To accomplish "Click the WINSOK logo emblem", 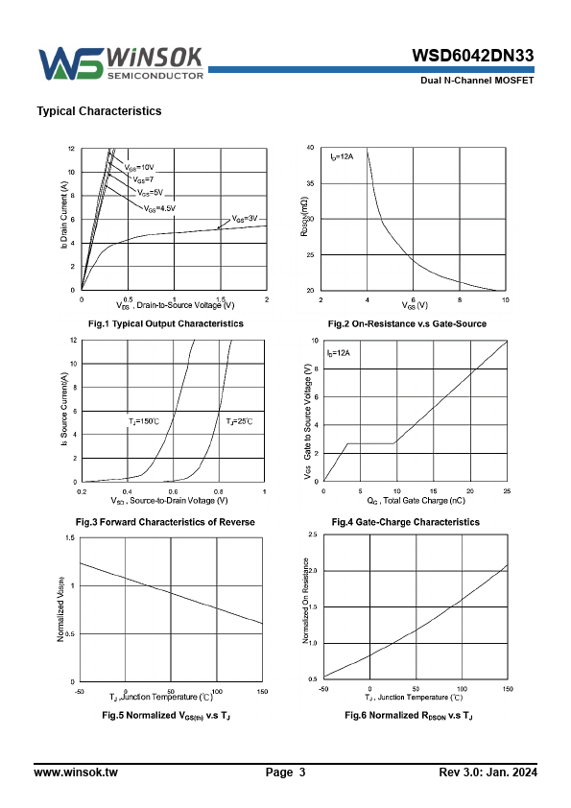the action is pyautogui.click(x=71, y=64).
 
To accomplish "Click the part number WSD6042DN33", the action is pyautogui.click(x=472, y=56).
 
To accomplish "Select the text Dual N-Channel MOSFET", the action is pyautogui.click(x=477, y=81).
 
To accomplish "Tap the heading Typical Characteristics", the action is pyautogui.click(x=99, y=111).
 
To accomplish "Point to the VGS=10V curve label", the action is pyautogui.click(x=139, y=168).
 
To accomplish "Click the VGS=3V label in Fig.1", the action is pyautogui.click(x=245, y=219).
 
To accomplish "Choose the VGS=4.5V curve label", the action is pyautogui.click(x=159, y=208).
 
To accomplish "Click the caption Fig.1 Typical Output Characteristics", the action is pyautogui.click(x=166, y=323).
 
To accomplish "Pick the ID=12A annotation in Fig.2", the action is pyautogui.click(x=342, y=156).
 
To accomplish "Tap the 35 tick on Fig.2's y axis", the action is pyautogui.click(x=310, y=183).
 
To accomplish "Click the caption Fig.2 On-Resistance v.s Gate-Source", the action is pyautogui.click(x=407, y=323).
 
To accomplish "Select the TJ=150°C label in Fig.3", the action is pyautogui.click(x=144, y=421).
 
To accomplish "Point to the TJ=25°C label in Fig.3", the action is pyautogui.click(x=239, y=421).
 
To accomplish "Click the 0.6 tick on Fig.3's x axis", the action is pyautogui.click(x=173, y=491).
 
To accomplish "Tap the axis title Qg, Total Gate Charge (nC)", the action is pyautogui.click(x=416, y=501).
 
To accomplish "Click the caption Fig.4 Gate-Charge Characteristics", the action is pyautogui.click(x=406, y=522).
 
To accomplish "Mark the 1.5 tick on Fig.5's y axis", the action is pyautogui.click(x=70, y=538).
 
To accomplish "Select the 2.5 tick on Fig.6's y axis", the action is pyautogui.click(x=312, y=535).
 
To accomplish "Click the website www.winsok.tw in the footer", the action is pyautogui.click(x=76, y=772).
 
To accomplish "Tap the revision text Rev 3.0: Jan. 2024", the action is pyautogui.click(x=488, y=772).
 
